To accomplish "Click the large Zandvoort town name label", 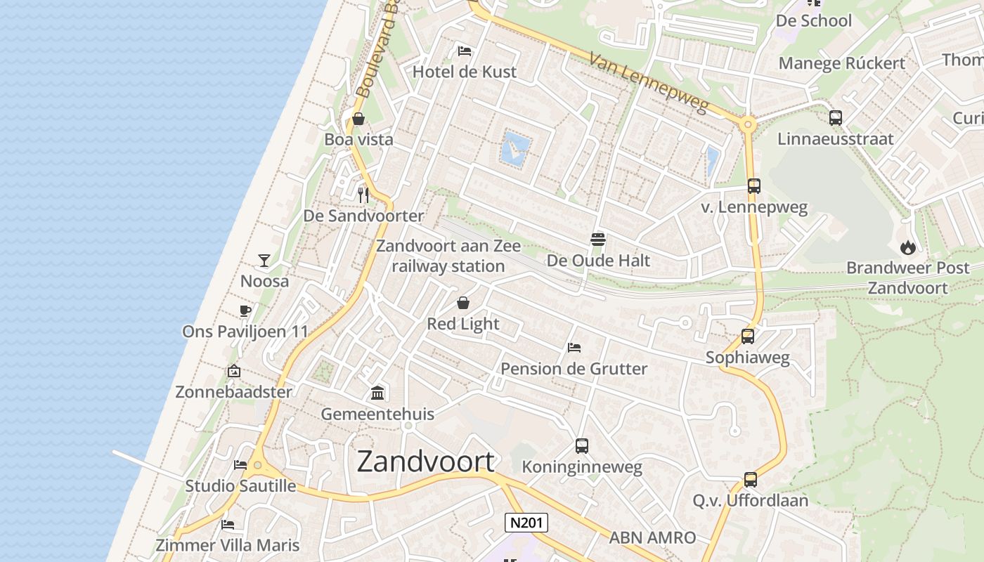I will point(426,462).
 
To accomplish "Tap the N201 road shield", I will point(526,523).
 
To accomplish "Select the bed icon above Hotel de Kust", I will point(464,51).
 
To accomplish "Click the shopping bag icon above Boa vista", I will point(358,119).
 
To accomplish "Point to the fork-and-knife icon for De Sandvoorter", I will point(363,195).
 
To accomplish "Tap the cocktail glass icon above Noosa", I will point(264,261).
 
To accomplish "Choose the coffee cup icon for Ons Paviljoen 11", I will point(245,311).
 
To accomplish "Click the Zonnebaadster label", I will point(233,392).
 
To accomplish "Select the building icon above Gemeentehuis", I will point(377,393).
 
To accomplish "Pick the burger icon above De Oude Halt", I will point(598,240).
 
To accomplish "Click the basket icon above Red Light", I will point(463,303).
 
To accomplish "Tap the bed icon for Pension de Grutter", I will point(574,348).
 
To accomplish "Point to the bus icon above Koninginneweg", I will point(582,445).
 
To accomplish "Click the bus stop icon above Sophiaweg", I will point(748,336).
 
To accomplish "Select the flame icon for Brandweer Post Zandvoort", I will point(907,247).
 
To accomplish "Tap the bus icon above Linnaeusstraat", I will point(836,118).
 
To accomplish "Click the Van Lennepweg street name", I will point(649,83).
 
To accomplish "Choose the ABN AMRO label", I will point(652,538).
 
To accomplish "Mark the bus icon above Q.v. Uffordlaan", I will point(751,480).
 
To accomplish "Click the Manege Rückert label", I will point(842,63).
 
